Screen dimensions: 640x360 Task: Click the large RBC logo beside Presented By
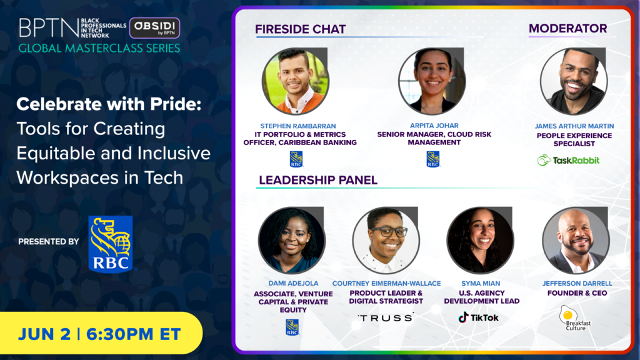(111, 244)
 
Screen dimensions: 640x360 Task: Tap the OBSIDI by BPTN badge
(155, 27)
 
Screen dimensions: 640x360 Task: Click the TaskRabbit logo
(568, 160)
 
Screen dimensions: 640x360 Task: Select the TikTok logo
(478, 317)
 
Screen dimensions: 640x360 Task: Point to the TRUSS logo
(386, 318)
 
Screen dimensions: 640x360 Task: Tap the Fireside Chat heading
(301, 29)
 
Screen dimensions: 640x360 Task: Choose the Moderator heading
(567, 29)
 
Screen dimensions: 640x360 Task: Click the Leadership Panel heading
(318, 181)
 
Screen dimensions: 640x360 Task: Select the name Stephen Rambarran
(298, 126)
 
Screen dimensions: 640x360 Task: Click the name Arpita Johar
(434, 126)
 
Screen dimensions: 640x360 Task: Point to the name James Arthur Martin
(574, 126)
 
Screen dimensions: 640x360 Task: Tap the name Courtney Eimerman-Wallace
(386, 283)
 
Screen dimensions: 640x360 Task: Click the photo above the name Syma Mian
(481, 240)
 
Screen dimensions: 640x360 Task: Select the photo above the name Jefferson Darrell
(576, 240)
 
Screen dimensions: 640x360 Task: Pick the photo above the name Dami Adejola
(292, 240)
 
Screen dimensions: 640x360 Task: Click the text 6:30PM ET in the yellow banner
(134, 334)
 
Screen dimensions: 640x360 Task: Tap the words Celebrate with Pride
(109, 104)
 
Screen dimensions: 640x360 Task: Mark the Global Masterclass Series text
(99, 48)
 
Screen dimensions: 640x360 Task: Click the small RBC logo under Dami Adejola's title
(292, 327)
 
